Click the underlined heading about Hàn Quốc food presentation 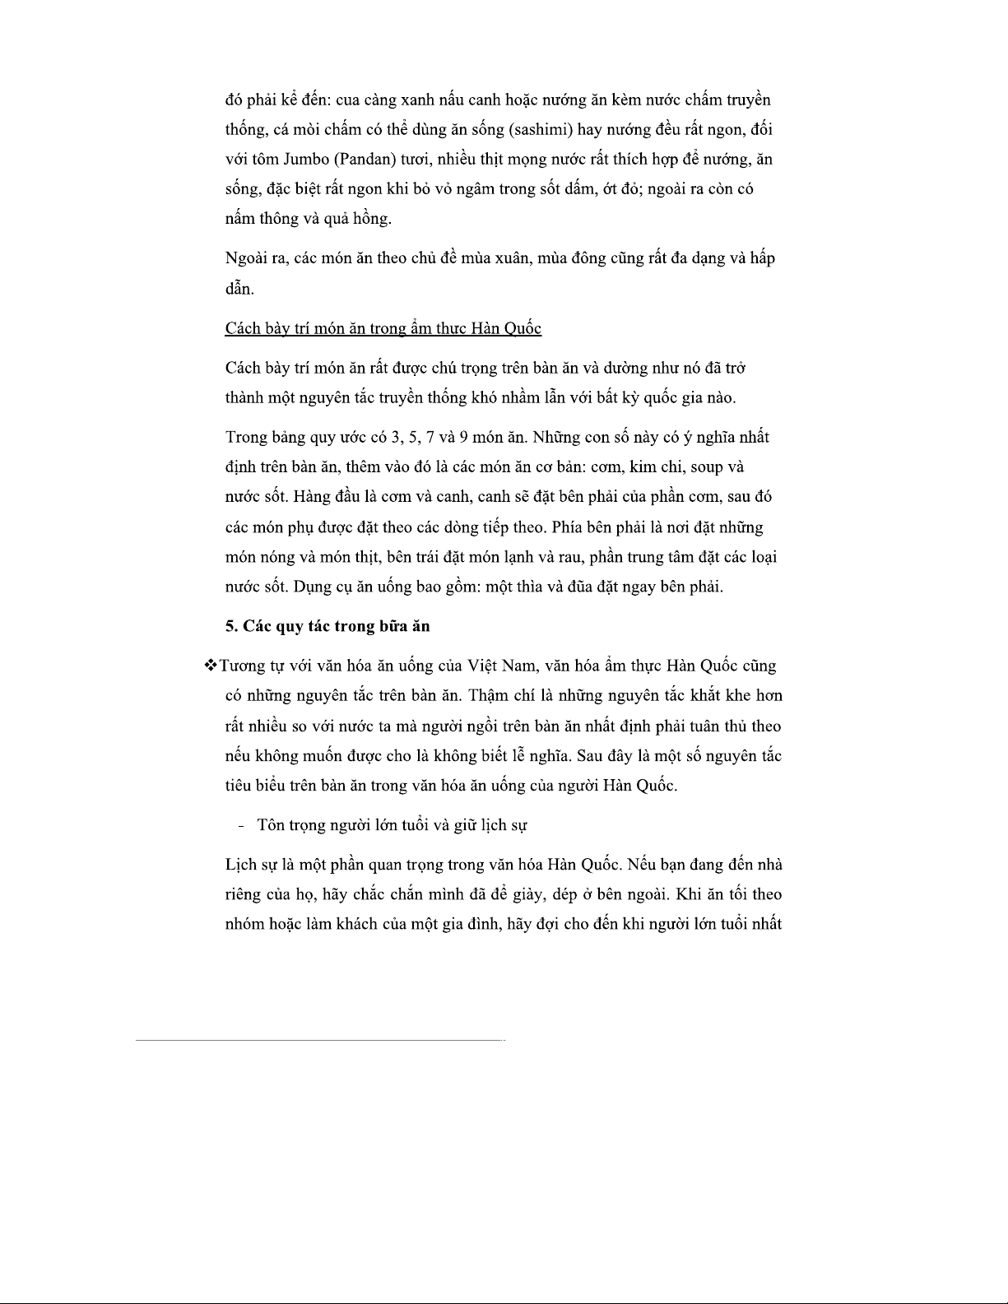383,328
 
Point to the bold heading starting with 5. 327,626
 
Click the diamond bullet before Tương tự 209,666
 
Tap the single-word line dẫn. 239,289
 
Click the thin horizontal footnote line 319,1041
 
